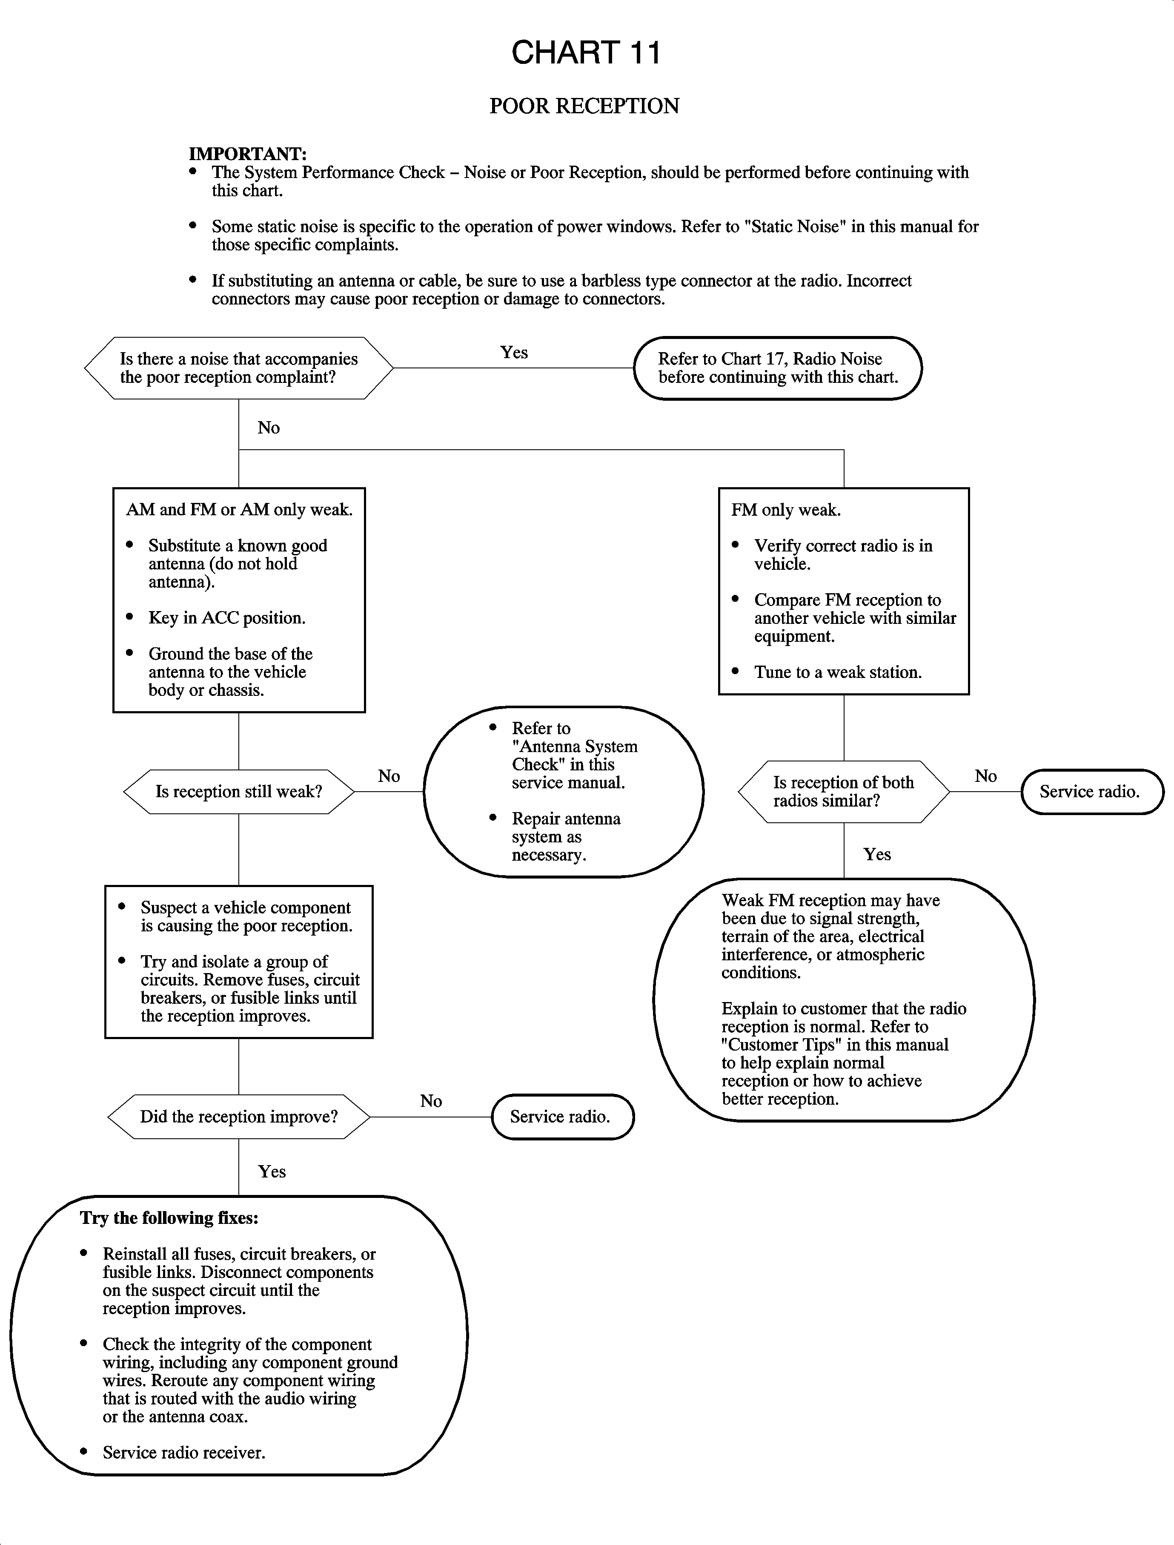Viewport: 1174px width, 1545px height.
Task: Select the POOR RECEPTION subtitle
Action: [584, 106]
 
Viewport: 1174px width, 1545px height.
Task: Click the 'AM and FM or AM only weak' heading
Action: [239, 510]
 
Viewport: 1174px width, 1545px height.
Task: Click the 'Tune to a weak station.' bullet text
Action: [837, 672]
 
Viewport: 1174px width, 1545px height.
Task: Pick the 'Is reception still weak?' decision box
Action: [238, 791]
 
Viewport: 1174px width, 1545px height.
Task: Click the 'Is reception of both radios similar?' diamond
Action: [843, 791]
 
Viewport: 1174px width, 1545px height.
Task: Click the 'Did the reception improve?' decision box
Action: [238, 1117]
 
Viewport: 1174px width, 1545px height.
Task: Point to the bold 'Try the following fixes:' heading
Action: [169, 1218]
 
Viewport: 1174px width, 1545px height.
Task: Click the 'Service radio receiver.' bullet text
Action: [184, 1453]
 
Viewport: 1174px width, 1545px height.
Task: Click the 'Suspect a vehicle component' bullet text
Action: [245, 908]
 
